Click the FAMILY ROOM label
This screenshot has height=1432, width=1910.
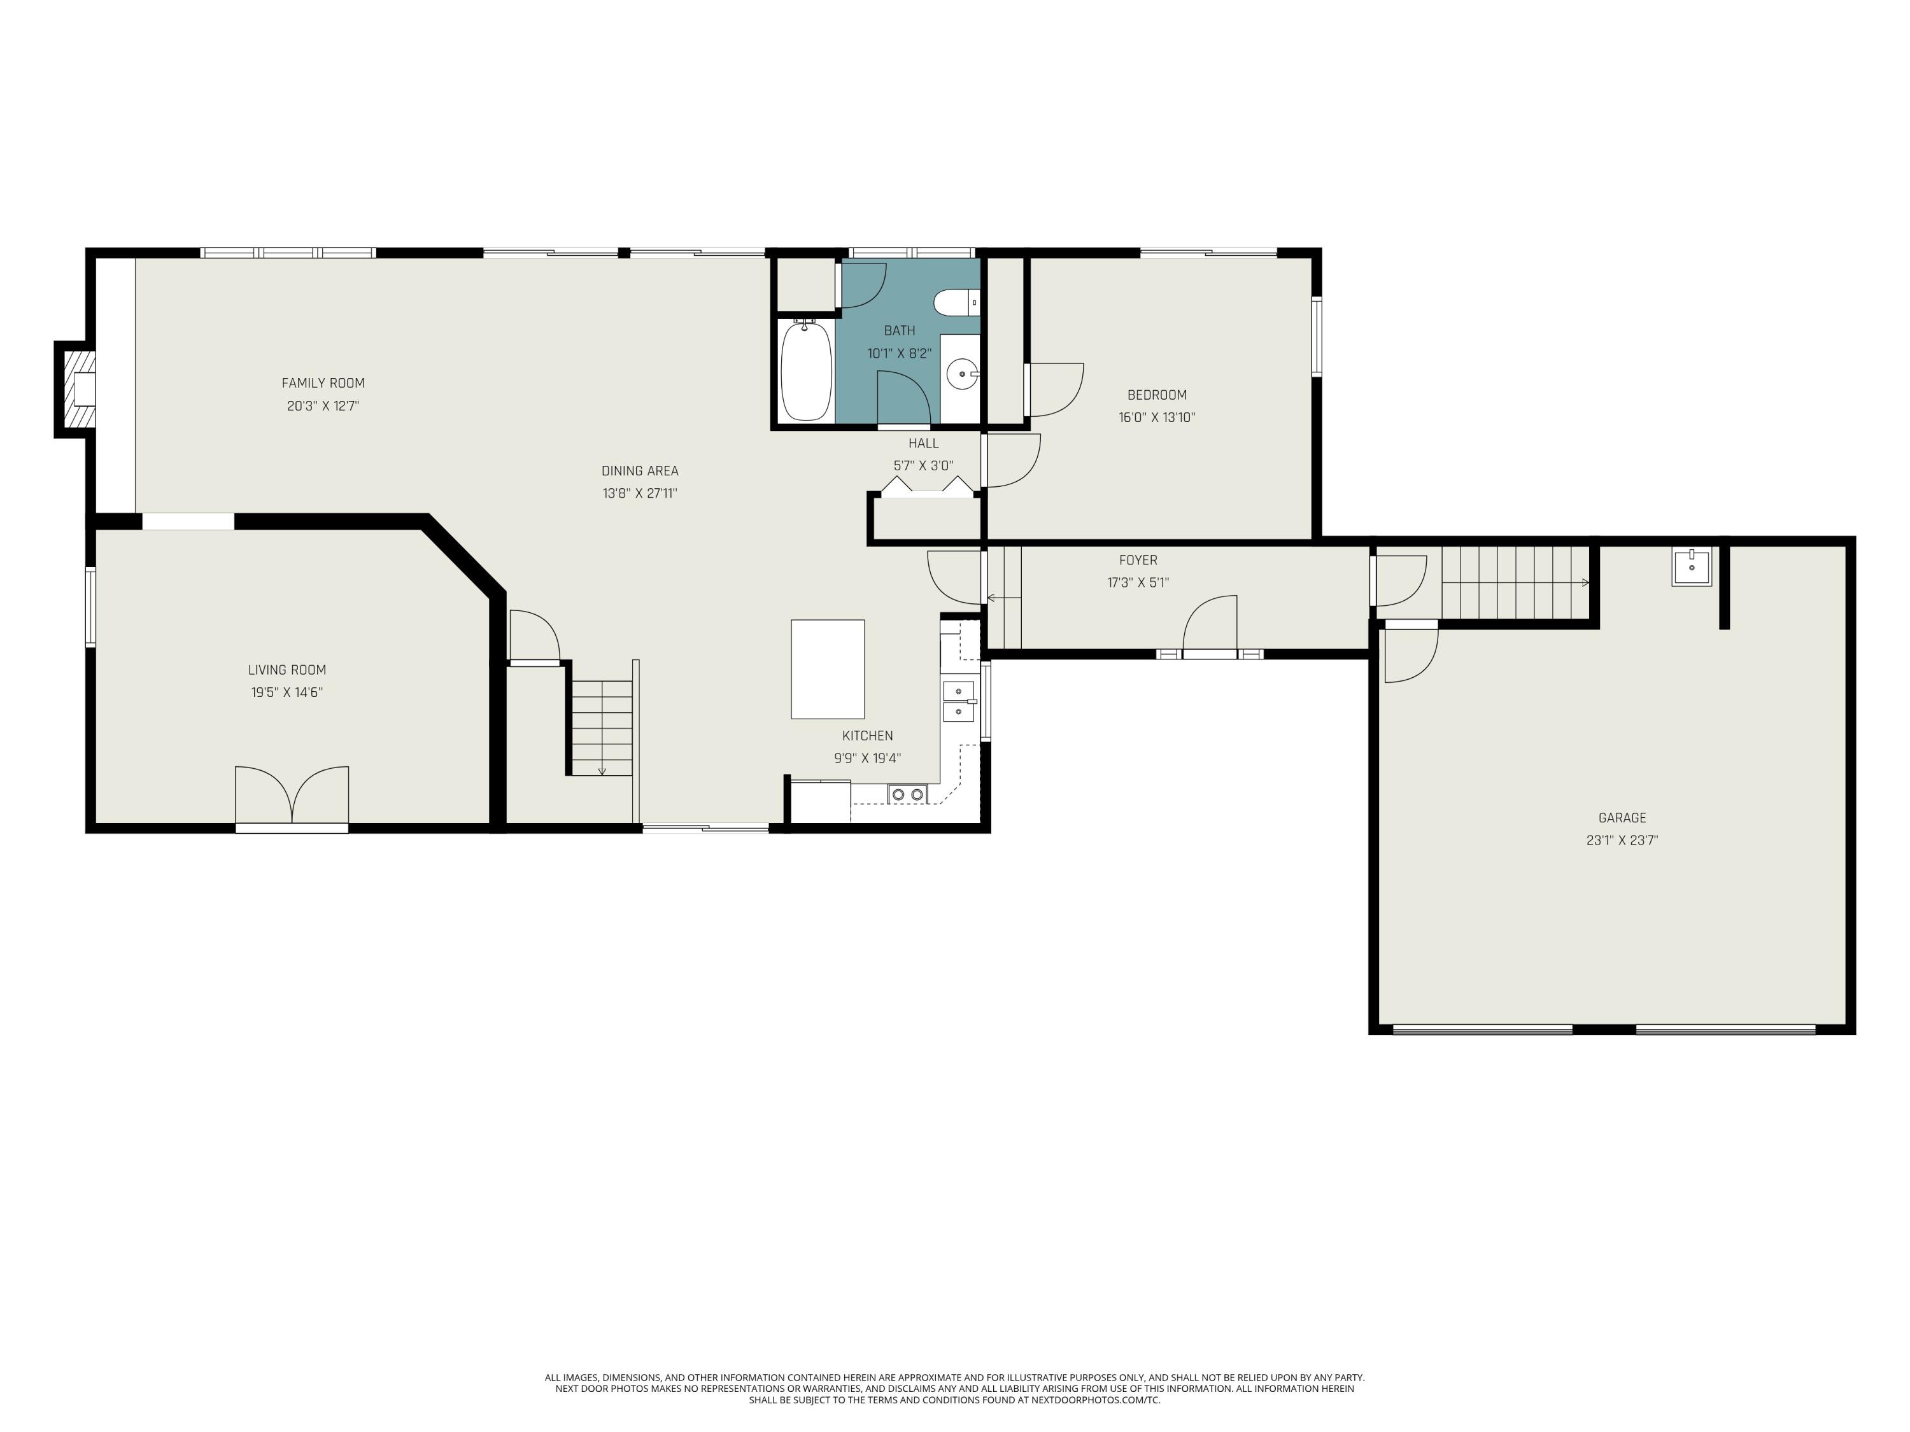coord(323,383)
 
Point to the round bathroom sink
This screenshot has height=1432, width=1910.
coord(961,376)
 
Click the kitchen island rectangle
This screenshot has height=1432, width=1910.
coord(827,669)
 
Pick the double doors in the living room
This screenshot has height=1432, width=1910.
coord(292,795)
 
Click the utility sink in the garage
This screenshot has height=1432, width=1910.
coord(1691,567)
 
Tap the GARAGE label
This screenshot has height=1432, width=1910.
coord(1622,817)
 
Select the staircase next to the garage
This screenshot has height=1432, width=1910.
coord(1515,582)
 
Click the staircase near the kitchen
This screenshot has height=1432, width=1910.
coord(602,727)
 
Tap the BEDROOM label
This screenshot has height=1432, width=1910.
coord(1156,395)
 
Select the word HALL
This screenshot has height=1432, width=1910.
coord(923,444)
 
